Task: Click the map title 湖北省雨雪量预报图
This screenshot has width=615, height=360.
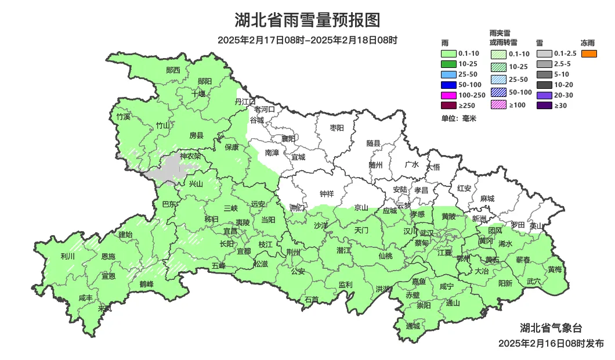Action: pyautogui.click(x=307, y=20)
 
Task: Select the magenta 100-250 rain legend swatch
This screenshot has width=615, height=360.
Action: pyautogui.click(x=449, y=95)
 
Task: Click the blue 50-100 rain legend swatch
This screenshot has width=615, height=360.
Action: pyautogui.click(x=449, y=84)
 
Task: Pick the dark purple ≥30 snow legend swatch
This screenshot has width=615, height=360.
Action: pyautogui.click(x=544, y=105)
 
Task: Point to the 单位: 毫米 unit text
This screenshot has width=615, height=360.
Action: pyautogui.click(x=458, y=118)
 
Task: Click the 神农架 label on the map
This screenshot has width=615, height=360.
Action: pyautogui.click(x=190, y=156)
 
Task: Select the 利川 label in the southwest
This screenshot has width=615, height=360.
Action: pyautogui.click(x=68, y=256)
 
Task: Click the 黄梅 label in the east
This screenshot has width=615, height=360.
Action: pyautogui.click(x=554, y=269)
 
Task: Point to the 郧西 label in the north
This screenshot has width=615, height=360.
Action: pyautogui.click(x=173, y=70)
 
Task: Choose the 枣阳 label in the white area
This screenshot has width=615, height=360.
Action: pyautogui.click(x=337, y=127)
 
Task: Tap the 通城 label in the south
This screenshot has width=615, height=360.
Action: pyautogui.click(x=413, y=326)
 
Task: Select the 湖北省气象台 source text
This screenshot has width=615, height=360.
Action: pyautogui.click(x=550, y=328)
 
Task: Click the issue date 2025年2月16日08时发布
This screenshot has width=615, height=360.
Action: pyautogui.click(x=551, y=344)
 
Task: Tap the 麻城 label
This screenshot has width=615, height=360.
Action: pyautogui.click(x=487, y=199)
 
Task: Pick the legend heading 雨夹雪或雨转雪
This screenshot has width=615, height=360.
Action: pyautogui.click(x=503, y=38)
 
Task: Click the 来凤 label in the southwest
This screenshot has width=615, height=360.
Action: pyautogui.click(x=104, y=308)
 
